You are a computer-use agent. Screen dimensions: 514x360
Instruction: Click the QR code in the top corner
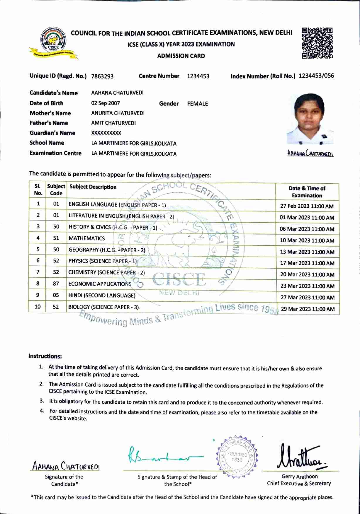(317, 43)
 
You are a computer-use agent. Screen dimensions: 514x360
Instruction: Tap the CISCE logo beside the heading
(53, 44)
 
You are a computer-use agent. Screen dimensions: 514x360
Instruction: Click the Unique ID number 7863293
(102, 77)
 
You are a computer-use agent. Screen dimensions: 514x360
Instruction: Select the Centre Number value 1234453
(198, 76)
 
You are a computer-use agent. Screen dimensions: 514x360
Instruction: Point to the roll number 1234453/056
(316, 76)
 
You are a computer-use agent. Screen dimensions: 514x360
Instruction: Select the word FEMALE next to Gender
(198, 104)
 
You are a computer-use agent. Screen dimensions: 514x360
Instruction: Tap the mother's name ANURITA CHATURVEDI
(118, 113)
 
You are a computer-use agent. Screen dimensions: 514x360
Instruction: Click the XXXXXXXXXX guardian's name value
(106, 133)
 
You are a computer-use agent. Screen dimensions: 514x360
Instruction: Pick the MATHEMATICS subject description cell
(87, 238)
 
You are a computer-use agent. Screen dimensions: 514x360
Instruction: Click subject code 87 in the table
(56, 284)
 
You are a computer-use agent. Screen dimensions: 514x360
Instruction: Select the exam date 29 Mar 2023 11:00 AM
(308, 309)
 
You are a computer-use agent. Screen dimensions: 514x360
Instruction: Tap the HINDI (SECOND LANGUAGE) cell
(102, 296)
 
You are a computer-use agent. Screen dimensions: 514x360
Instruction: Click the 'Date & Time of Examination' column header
(307, 192)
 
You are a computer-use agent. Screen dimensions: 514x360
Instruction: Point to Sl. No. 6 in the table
(38, 261)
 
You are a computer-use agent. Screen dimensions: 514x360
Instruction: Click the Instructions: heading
(45, 356)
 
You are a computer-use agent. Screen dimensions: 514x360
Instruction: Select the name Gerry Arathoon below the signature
(299, 477)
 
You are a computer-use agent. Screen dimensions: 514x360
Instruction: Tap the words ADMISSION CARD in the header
(181, 56)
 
